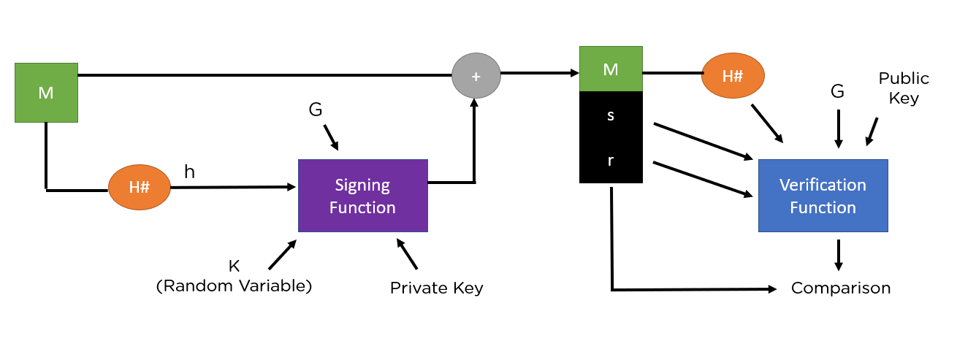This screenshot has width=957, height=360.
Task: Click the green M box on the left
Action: pos(46,93)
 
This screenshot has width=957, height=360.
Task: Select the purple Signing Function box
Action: pos(362,196)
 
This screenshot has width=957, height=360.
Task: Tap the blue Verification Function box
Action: pos(823,196)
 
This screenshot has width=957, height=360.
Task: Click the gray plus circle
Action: pos(476,76)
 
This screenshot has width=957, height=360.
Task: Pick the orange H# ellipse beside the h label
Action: pos(140,187)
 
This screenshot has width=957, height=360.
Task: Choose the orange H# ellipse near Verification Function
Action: pos(733,76)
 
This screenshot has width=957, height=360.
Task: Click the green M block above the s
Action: pos(611,69)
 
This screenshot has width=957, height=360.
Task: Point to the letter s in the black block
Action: pos(611,115)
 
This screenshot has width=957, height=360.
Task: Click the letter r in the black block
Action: pos(611,161)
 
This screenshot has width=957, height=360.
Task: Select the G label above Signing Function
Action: pos(316,110)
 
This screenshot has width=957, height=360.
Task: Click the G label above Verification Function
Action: pos(838,92)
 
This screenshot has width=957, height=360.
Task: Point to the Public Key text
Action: pos(904,88)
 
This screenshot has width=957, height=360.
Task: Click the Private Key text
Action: pos(436,288)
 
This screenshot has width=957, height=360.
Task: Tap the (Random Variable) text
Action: pos(234,286)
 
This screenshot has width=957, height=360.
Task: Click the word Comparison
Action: pos(841,288)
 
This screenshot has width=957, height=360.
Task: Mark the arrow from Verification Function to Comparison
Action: pos(839,255)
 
